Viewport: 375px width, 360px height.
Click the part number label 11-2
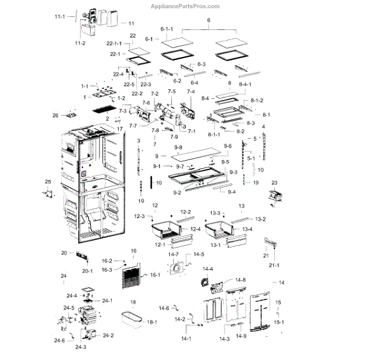coord(79,43)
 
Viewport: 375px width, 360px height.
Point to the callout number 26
coord(55,115)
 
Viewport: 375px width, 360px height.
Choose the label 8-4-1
coord(245,84)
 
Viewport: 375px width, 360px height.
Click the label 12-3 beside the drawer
coord(139,217)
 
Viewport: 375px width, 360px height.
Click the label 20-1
coord(87,271)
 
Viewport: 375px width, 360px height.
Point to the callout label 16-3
coord(107,269)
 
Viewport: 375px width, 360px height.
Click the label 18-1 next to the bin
coord(152,322)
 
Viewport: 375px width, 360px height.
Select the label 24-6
coord(59,341)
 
